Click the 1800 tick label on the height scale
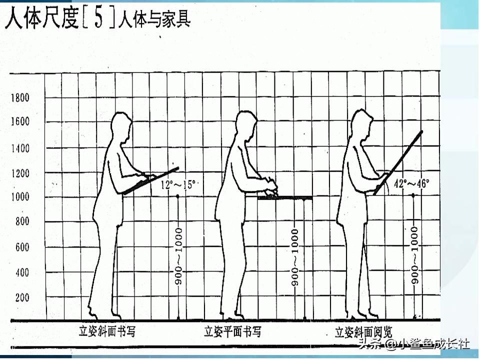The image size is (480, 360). (x=20, y=97)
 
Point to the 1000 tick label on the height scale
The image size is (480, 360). (x=20, y=197)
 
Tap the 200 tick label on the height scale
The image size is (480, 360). (x=21, y=297)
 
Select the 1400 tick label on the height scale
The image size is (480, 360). (x=20, y=148)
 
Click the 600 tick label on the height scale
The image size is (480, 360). (x=21, y=247)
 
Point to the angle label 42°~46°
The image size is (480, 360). (x=412, y=183)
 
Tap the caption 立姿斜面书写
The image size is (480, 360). (x=107, y=331)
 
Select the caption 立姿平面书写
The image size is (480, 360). (x=232, y=331)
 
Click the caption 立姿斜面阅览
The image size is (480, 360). (x=363, y=331)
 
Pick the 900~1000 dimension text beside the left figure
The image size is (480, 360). (x=178, y=256)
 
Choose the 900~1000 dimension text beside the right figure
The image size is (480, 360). (x=414, y=255)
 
